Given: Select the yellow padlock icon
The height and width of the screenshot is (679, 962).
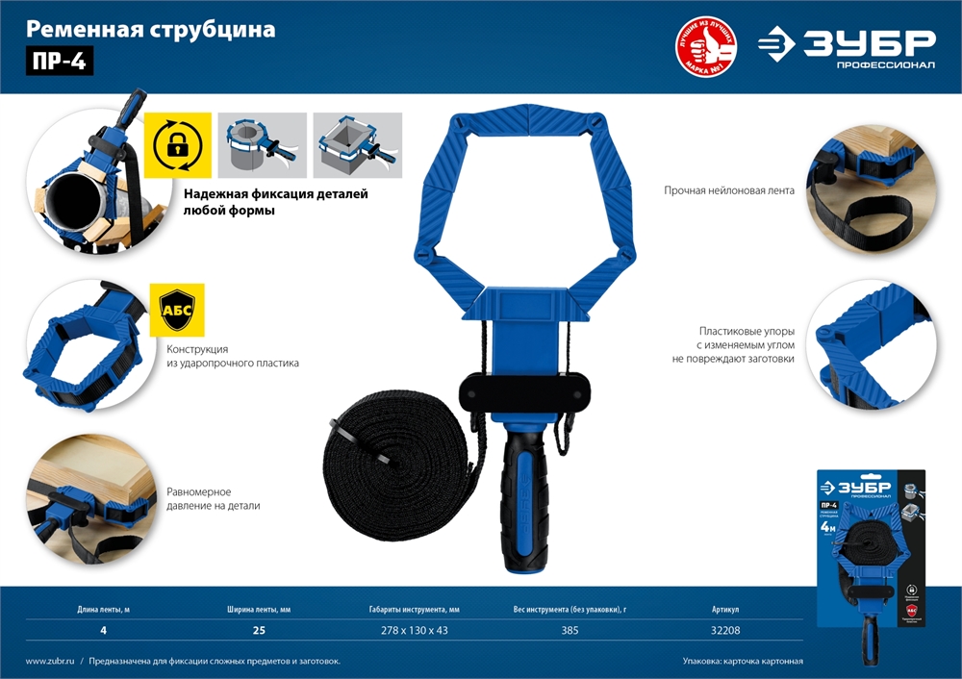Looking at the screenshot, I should [x=177, y=145].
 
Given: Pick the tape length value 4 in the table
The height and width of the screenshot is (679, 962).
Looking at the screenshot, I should [x=103, y=631].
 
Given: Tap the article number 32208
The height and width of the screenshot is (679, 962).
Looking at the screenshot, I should [x=725, y=631].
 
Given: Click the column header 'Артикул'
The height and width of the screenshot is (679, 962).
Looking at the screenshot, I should [x=725, y=610].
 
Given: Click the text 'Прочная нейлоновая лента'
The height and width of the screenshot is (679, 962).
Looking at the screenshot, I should [x=728, y=190].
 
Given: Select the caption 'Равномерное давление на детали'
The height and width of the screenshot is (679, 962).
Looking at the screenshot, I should [x=213, y=497].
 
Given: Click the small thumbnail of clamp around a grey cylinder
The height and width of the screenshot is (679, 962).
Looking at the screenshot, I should [x=263, y=145].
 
